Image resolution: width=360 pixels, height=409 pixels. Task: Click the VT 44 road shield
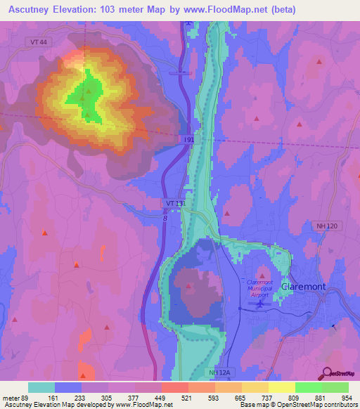[x=39, y=43]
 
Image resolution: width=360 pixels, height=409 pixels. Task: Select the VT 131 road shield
[x=174, y=203]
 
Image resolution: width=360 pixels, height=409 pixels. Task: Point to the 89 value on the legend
[x=29, y=397]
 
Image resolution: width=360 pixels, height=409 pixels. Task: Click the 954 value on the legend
[x=347, y=397]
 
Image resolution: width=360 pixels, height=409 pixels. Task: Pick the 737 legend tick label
[x=267, y=397]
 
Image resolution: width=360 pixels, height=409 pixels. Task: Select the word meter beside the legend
[x=12, y=397]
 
